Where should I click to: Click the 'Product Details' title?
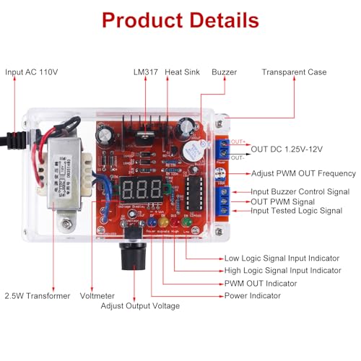pyautogui.click(x=180, y=19)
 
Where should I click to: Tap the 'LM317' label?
pyautogui.click(x=147, y=72)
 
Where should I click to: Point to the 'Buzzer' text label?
pyautogui.click(x=224, y=72)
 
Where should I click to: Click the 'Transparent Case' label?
pyautogui.click(x=294, y=72)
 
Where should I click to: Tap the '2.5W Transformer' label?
pyautogui.click(x=38, y=295)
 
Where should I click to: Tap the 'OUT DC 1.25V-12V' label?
pyautogui.click(x=287, y=149)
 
